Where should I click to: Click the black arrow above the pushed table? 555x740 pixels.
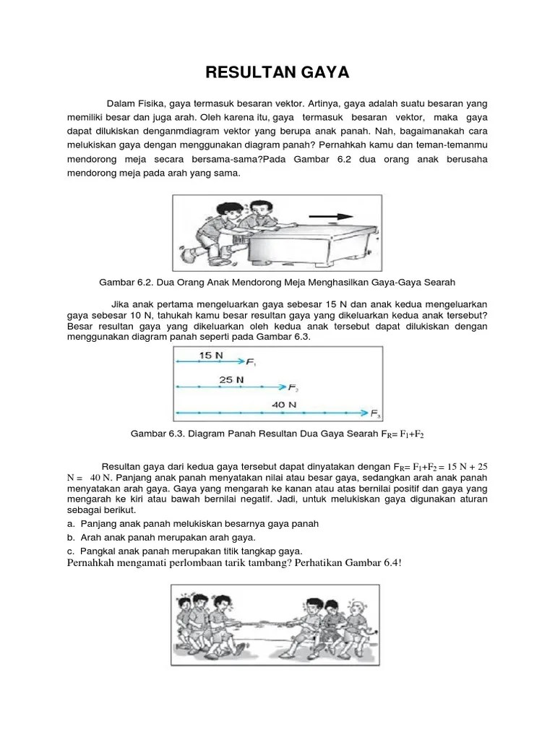pos(331,215)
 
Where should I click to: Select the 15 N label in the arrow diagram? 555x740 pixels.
pos(211,356)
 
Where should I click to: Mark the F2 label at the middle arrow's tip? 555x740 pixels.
pos(293,388)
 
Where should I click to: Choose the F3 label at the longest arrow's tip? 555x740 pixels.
pos(376,414)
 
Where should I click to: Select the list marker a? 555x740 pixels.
pos(70,523)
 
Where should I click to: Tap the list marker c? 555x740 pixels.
pos(70,551)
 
